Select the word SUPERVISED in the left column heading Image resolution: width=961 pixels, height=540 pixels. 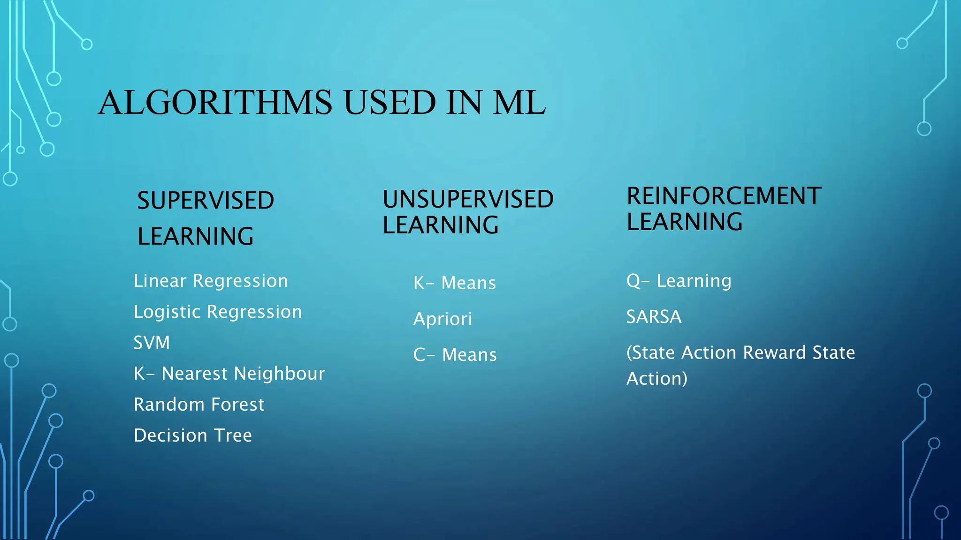(x=206, y=201)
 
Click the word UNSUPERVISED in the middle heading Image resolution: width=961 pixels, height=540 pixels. (x=468, y=199)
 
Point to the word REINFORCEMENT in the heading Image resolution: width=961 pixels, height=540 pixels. (x=724, y=196)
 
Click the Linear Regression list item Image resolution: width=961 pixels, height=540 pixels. (x=211, y=281)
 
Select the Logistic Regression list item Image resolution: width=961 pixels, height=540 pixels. (x=218, y=312)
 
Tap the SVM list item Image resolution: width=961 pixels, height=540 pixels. (x=152, y=343)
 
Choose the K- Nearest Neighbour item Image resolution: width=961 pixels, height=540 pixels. (x=229, y=374)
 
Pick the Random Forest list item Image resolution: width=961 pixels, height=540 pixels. (x=199, y=405)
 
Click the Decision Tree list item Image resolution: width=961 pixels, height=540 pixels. (x=193, y=435)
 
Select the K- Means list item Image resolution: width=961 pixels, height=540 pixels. (x=454, y=283)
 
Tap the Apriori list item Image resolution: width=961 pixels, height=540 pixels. (x=442, y=319)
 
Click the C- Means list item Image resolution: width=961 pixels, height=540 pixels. (x=455, y=354)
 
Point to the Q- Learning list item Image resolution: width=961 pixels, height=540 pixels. (x=679, y=281)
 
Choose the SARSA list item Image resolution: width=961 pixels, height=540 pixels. (x=654, y=317)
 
